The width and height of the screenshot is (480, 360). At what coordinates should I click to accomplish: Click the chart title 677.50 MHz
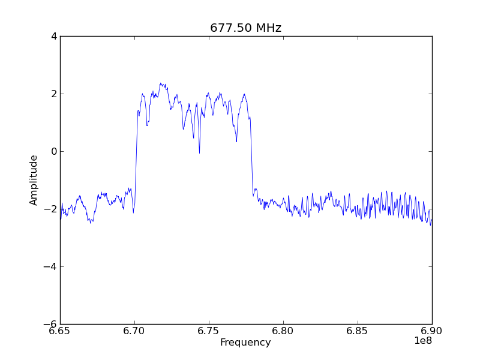245,28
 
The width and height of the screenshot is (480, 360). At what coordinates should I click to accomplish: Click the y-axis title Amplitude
34,180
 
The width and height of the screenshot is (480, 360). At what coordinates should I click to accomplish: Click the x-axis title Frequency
245,343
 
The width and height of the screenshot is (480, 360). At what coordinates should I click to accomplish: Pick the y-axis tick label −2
50,209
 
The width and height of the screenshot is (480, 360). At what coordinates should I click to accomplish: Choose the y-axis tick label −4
50,266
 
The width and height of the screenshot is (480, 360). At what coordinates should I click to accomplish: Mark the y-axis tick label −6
50,324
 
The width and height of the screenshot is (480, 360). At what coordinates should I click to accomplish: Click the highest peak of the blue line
160,83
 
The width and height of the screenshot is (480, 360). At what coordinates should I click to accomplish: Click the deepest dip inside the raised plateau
199,152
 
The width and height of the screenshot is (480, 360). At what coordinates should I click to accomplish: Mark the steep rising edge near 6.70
136,156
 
